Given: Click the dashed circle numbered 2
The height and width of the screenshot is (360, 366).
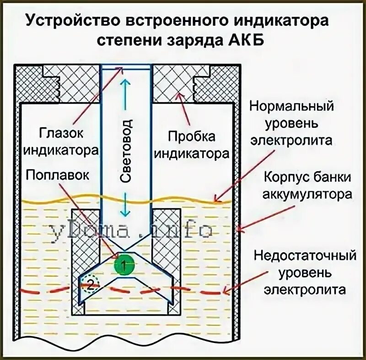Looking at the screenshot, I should [91, 285].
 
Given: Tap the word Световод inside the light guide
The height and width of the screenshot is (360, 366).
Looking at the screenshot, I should [127, 151].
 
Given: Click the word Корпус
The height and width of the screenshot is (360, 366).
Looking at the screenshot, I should [280, 178].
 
